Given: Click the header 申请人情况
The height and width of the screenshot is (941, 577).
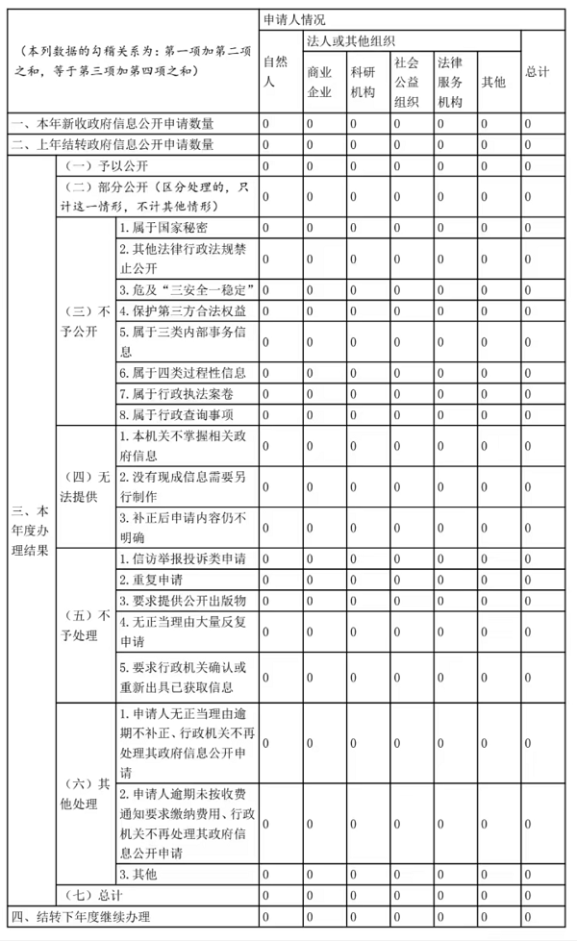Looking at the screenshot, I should point(293,19).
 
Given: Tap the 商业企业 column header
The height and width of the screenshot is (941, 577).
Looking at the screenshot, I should point(319,82).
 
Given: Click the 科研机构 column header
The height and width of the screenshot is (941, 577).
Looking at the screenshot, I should point(363,82).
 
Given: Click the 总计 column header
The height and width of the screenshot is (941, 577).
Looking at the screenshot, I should point(538,72).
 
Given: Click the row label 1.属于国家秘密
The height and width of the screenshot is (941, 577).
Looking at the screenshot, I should point(163,228).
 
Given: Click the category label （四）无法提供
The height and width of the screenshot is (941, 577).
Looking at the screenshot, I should point(86,486).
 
